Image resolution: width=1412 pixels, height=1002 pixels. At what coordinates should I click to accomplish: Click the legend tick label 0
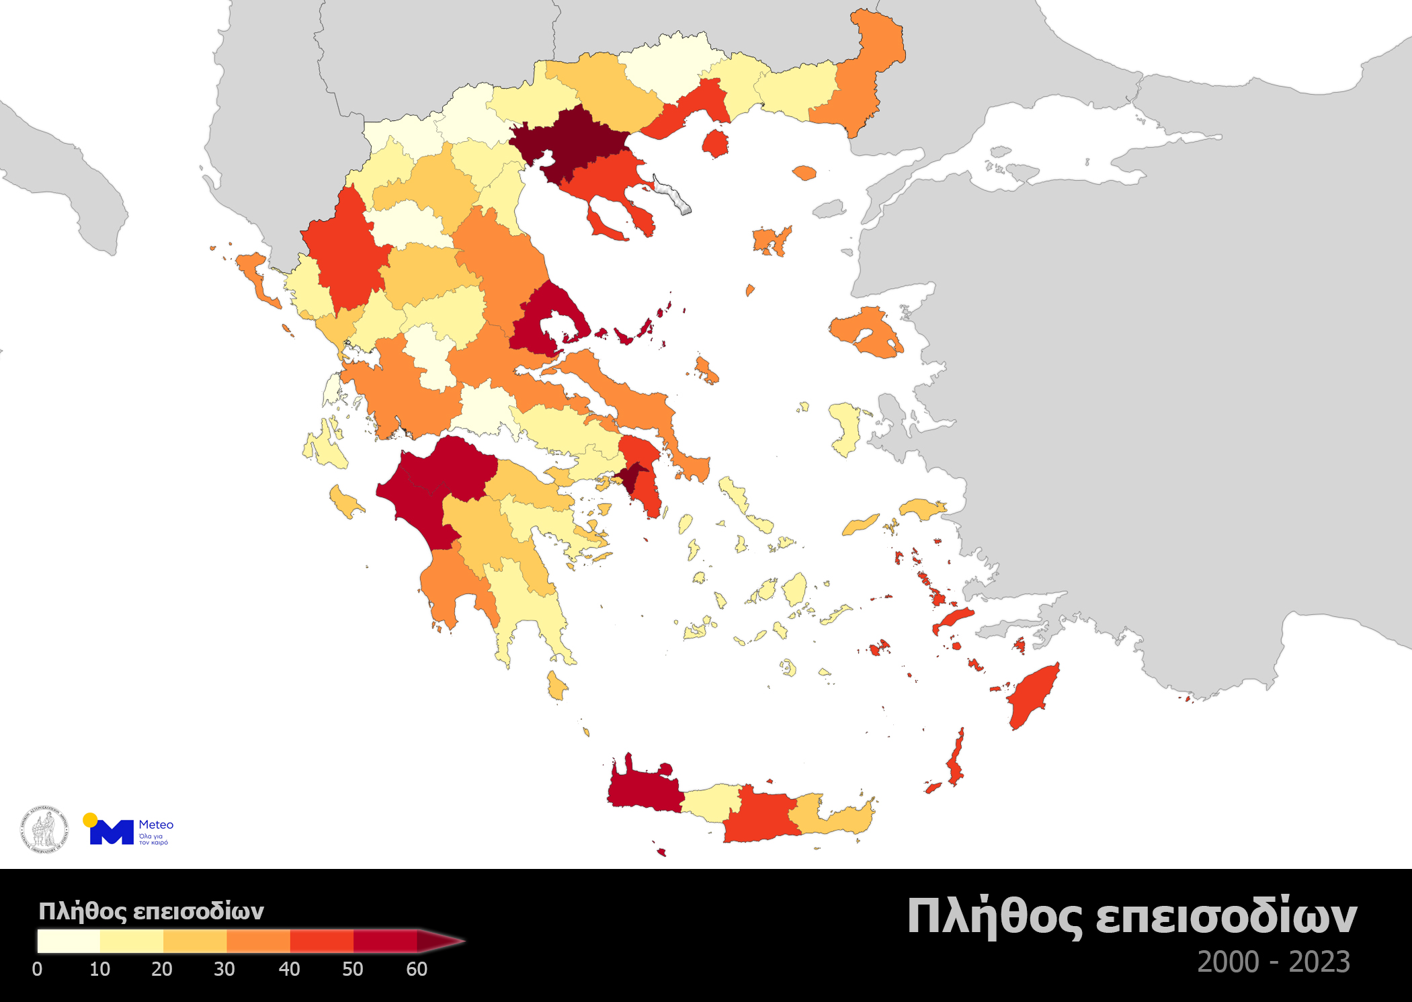(37, 969)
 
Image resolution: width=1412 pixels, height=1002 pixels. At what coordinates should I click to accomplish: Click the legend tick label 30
(224, 969)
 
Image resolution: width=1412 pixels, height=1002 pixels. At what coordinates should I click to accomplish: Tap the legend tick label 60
(417, 969)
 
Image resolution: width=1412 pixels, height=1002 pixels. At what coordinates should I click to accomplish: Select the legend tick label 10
(99, 969)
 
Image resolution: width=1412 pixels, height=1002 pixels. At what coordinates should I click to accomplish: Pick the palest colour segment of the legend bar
(69, 941)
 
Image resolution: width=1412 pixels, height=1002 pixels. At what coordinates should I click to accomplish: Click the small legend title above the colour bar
(151, 911)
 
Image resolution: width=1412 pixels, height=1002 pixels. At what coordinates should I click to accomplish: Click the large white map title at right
(1132, 917)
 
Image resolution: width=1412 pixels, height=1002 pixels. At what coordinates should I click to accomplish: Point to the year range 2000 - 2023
(1273, 962)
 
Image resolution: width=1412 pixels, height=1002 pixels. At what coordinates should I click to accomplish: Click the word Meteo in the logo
(156, 825)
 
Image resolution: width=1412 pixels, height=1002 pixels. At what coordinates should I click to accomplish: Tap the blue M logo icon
(112, 832)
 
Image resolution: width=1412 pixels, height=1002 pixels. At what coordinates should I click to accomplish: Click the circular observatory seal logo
(44, 829)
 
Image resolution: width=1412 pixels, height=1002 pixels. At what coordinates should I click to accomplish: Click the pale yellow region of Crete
(711, 801)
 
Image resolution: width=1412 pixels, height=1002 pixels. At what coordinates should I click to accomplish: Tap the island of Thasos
(715, 143)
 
